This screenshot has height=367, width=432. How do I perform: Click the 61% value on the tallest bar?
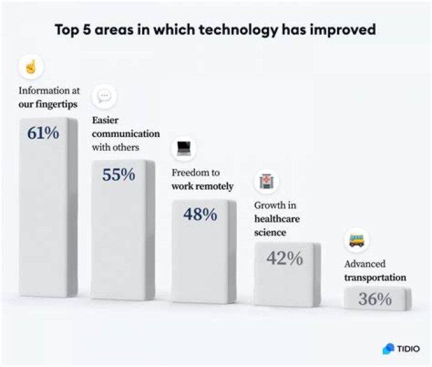click(43, 133)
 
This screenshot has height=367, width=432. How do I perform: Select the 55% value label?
click(118, 175)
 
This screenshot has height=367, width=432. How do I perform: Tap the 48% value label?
click(200, 214)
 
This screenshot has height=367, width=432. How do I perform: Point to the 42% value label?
click(285, 258)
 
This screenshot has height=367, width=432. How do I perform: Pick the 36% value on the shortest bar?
click(375, 299)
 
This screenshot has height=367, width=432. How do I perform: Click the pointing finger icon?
click(31, 67)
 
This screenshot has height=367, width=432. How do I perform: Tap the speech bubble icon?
click(104, 96)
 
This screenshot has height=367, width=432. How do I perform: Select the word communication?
click(125, 133)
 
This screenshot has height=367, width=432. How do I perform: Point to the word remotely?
click(213, 186)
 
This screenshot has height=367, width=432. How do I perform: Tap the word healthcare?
click(277, 219)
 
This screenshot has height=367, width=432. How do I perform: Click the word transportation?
click(375, 278)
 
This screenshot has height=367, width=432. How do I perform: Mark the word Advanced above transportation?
click(365, 264)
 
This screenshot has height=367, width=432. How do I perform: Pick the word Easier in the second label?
click(105, 120)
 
